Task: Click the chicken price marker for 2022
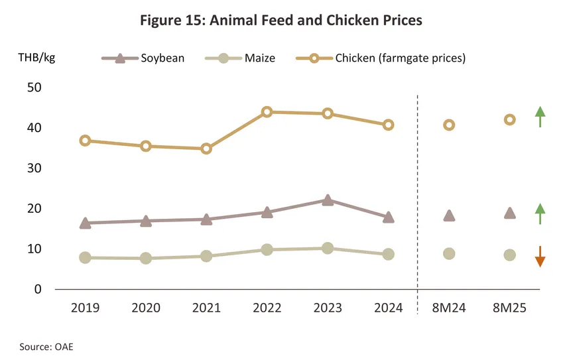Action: (267, 112)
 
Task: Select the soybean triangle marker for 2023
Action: (328, 200)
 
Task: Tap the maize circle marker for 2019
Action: (85, 257)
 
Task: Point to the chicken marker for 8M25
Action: (509, 120)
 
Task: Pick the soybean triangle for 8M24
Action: (449, 215)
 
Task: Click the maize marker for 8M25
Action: (509, 255)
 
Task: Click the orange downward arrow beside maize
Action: (540, 257)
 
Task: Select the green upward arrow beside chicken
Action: (540, 117)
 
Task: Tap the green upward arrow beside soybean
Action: (540, 213)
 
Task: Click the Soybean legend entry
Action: (143, 58)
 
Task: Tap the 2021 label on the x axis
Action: (206, 308)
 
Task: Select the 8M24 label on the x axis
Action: (449, 308)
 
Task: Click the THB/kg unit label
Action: (36, 57)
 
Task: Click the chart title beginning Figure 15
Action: (281, 21)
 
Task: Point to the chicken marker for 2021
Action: (206, 149)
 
